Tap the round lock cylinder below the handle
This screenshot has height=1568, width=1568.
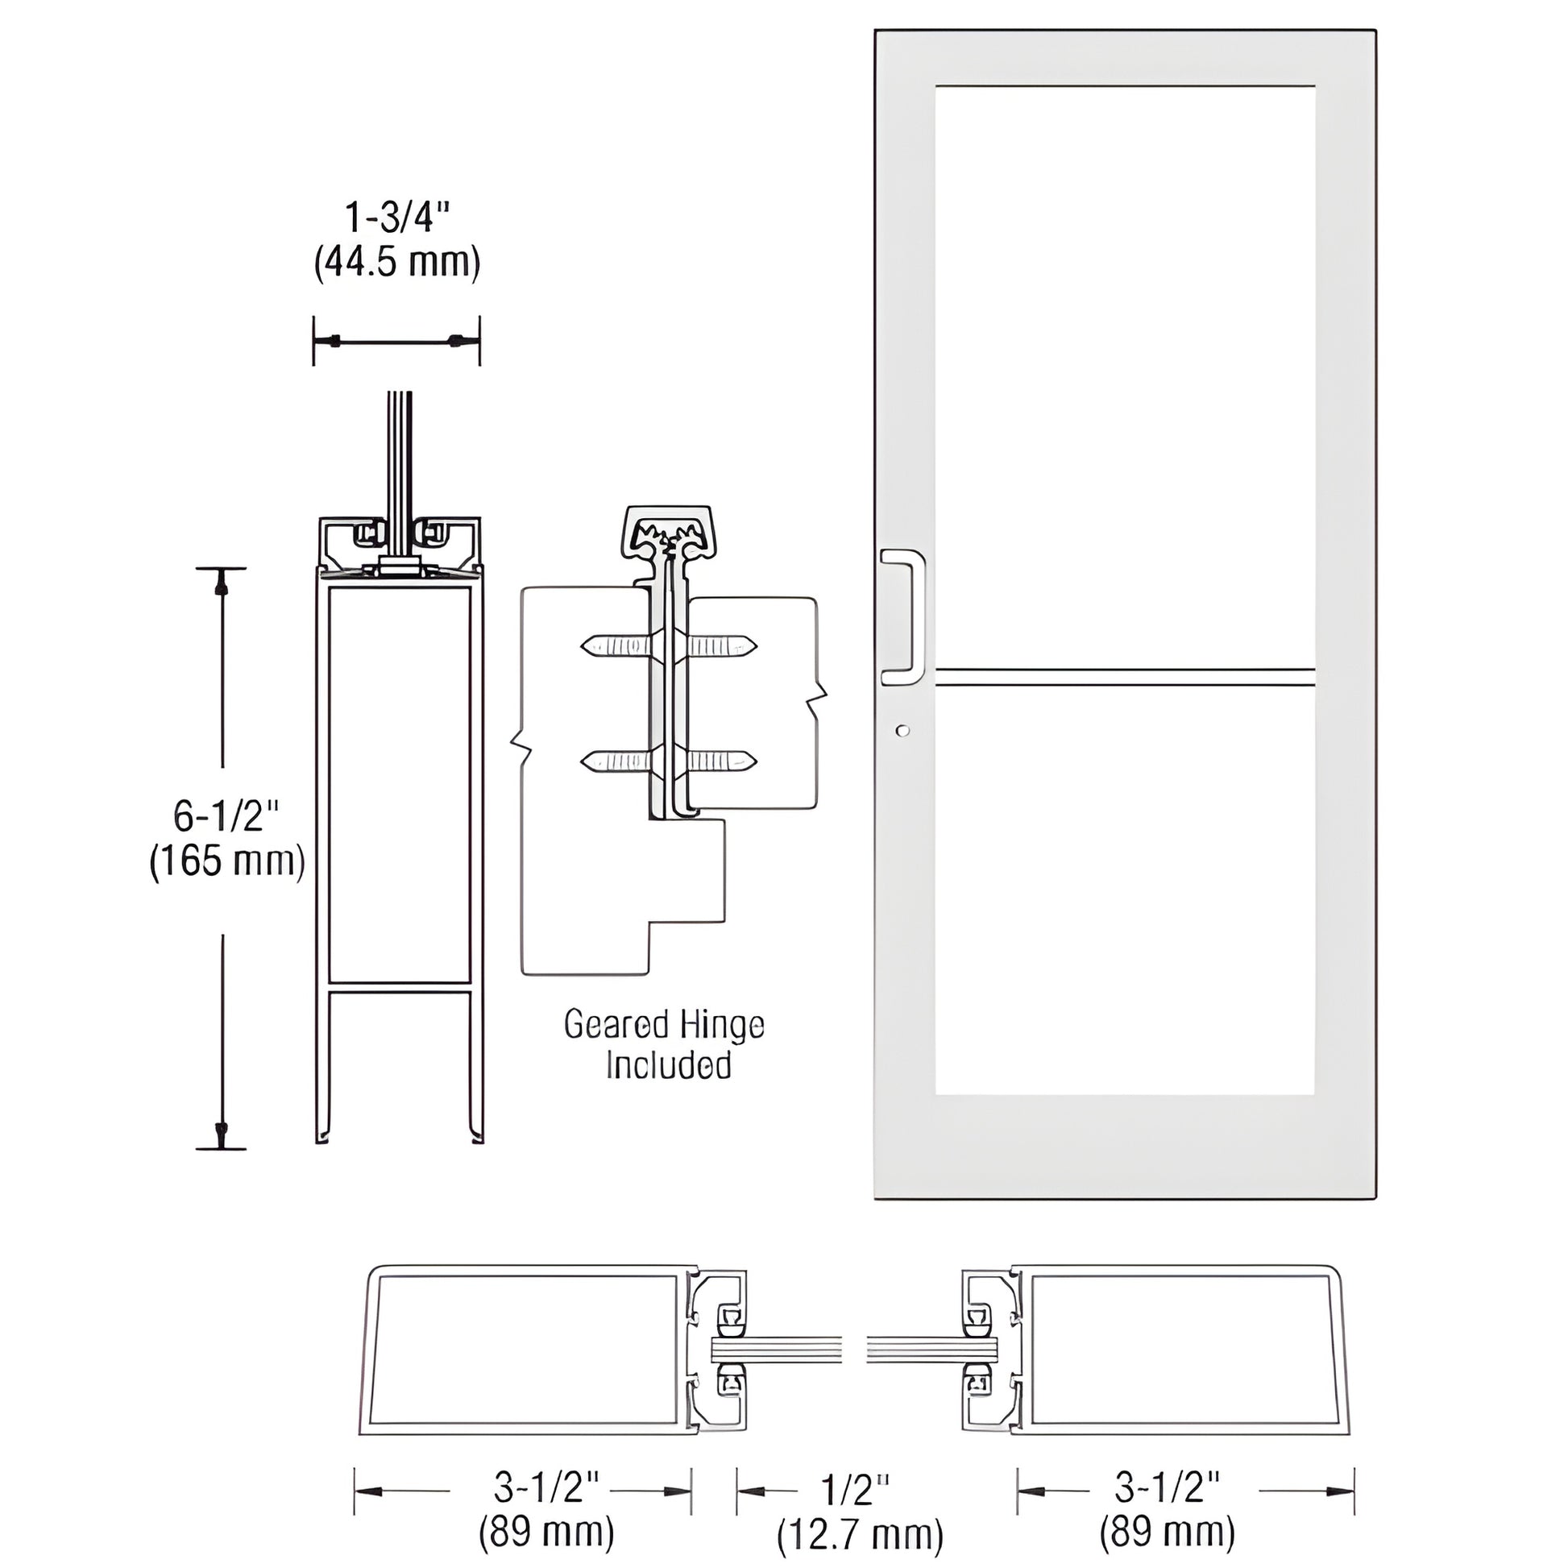(x=903, y=731)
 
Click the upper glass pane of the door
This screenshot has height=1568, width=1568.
(x=1125, y=375)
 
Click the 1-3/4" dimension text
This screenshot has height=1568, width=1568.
(x=397, y=218)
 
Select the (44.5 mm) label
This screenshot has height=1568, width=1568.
(x=397, y=262)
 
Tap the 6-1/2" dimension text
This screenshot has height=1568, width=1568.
(x=226, y=815)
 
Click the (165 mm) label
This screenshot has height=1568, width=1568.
(x=227, y=861)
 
